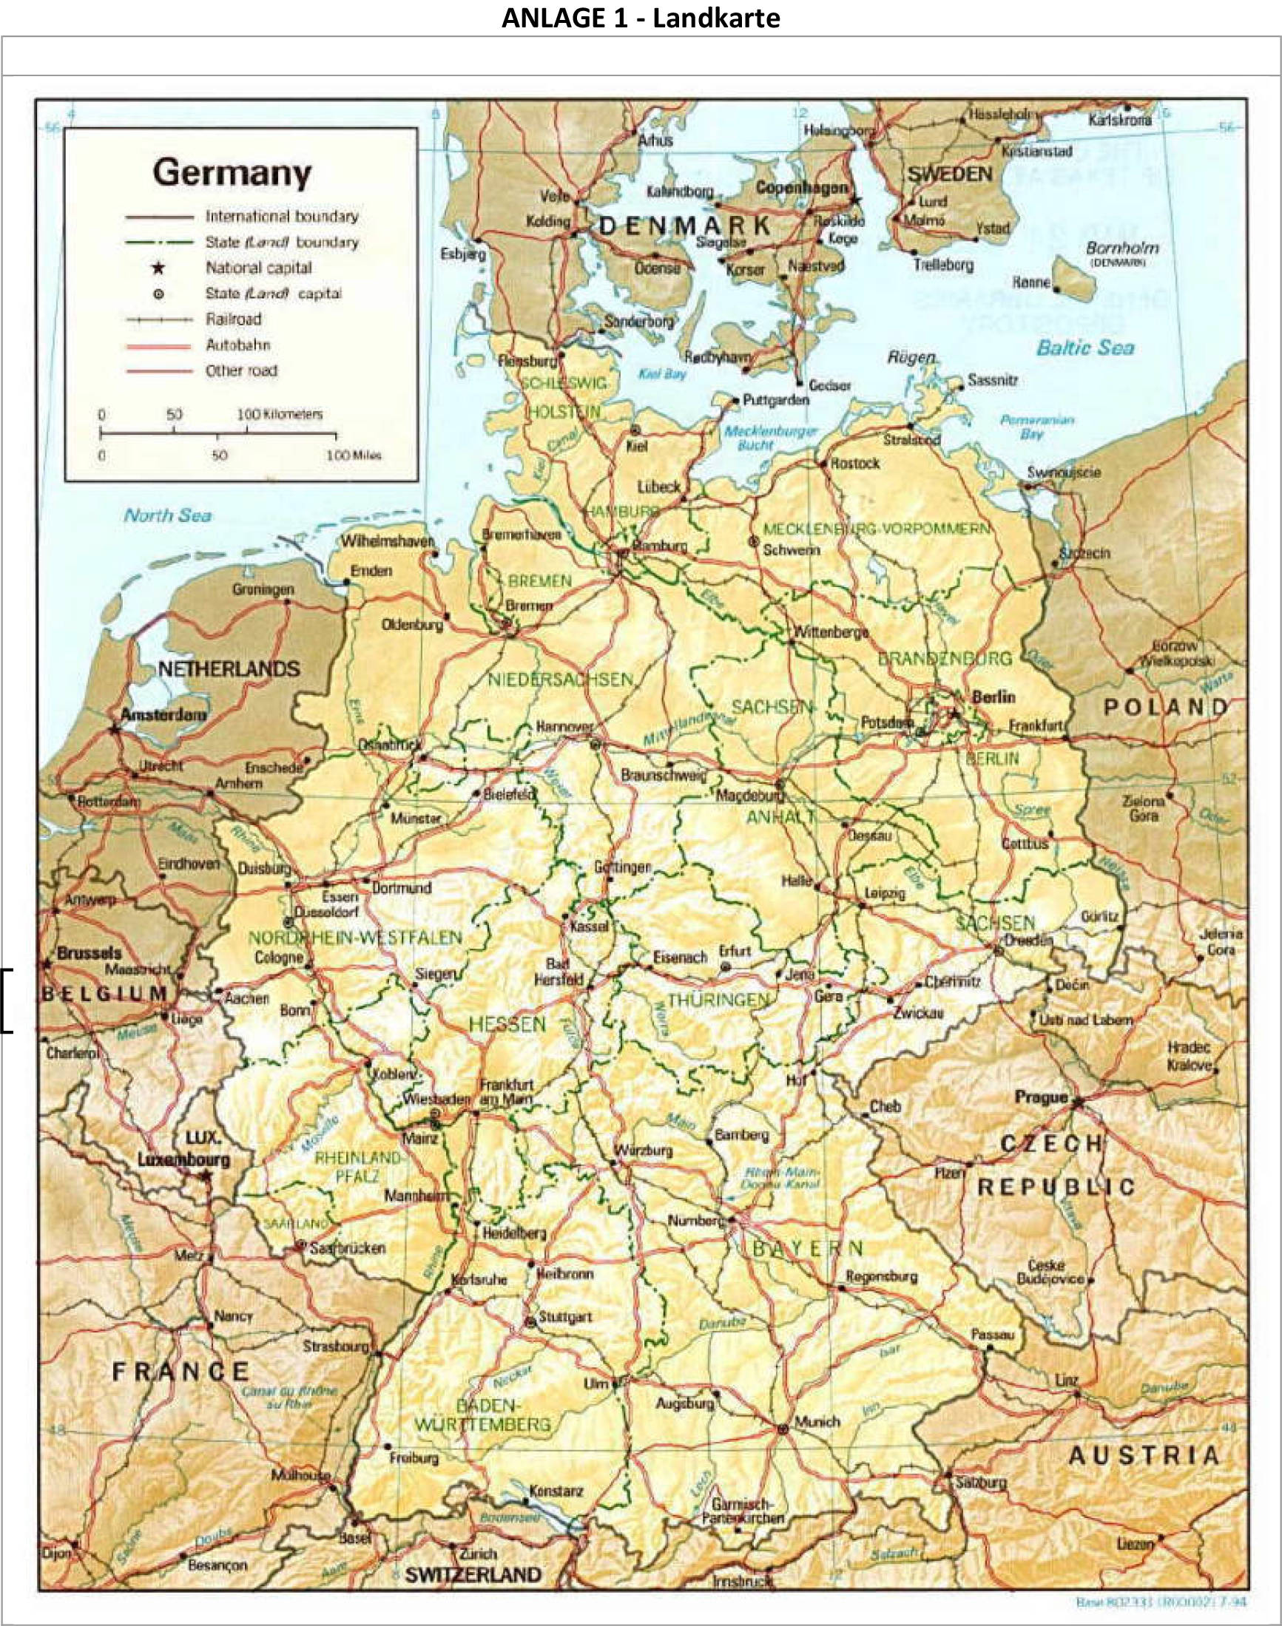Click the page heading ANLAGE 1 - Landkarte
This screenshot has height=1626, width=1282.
pos(640,17)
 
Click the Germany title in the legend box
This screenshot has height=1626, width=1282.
pos(232,173)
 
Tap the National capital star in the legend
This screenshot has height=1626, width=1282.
pos(158,268)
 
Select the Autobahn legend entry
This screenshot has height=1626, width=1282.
pos(238,345)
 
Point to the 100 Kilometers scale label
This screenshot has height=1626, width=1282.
pos(280,414)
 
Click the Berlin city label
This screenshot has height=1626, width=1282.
pos(993,697)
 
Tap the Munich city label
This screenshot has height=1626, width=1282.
pos(817,1421)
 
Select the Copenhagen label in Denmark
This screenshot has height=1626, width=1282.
pos(802,189)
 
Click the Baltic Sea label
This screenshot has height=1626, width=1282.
pos(1084,348)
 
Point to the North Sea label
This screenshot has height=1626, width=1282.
pos(167,515)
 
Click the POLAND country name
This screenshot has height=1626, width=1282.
pos(1165,707)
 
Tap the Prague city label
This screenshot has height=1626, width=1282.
pos(1040,1097)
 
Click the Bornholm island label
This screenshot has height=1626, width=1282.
pos(1122,248)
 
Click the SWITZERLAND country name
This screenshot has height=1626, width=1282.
pos(473,1574)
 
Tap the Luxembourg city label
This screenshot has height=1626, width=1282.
pos(183,1159)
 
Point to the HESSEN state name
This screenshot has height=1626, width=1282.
pos(507,1024)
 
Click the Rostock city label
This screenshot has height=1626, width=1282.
pos(855,464)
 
